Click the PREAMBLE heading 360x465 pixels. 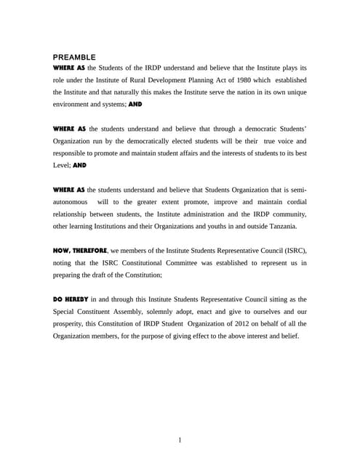click(74, 57)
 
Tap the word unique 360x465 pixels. click(294, 92)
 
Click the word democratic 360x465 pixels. click(245, 129)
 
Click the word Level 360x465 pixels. click(62, 166)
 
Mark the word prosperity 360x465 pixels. click(71, 324)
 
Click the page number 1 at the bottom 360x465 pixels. click(180, 440)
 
